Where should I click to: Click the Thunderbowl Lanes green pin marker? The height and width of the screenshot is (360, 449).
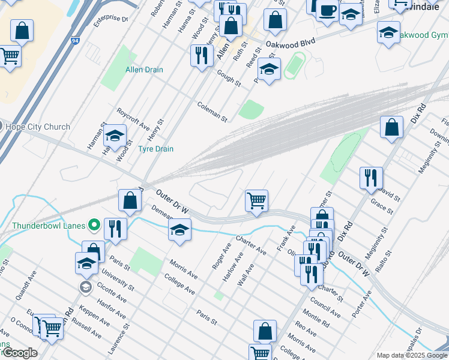94,226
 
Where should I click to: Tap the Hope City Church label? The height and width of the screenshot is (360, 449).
37,127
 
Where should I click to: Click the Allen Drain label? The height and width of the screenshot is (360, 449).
144,70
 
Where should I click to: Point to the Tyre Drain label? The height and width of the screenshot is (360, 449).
156,149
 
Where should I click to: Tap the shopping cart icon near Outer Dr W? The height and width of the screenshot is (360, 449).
256,200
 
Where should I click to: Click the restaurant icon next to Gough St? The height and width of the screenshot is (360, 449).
201,55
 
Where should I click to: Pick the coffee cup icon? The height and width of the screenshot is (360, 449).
327,10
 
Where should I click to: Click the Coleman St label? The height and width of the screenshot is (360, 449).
212,112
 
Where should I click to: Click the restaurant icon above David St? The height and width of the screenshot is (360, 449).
371,177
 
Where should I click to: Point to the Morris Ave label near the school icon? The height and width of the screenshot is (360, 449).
183,269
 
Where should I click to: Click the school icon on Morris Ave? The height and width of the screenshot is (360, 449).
179,229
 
